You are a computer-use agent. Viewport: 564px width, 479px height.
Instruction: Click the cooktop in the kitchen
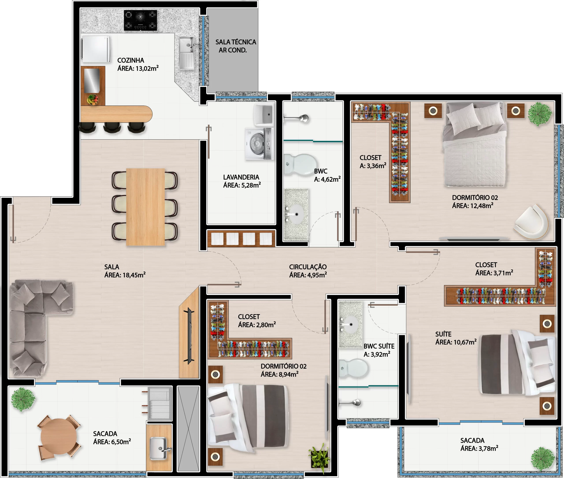(140, 20)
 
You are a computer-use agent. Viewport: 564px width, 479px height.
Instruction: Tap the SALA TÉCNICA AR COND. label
(236, 46)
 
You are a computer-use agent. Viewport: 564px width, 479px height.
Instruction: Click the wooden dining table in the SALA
(145, 207)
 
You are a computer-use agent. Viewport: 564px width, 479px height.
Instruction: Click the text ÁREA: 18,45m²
(125, 275)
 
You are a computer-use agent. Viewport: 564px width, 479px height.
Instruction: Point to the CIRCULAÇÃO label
(308, 267)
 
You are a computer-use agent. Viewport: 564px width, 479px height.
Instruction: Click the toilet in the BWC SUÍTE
(353, 368)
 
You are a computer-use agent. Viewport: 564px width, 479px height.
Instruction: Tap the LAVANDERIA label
(241, 177)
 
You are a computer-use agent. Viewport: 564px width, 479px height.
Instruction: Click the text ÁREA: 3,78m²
(479, 448)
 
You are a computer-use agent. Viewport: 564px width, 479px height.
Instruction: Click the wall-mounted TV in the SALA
(190, 336)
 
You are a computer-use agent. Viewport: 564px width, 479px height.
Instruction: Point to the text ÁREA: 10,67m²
(456, 342)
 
